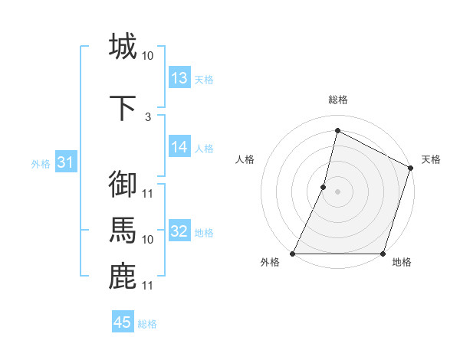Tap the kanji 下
[x=123, y=107]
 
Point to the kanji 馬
[x=123, y=231]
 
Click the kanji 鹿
[x=123, y=277]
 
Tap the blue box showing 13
[x=179, y=78]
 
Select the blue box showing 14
[x=179, y=148]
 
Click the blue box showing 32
[x=179, y=231]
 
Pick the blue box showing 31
[x=65, y=162]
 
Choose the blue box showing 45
[x=123, y=322]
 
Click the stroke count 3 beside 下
[x=148, y=116]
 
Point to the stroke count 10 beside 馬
[x=148, y=240]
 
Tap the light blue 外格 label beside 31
[x=41, y=163]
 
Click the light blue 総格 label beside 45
[x=147, y=324]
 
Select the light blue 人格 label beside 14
[x=204, y=149]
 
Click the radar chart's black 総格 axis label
[x=337, y=100]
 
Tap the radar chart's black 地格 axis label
[x=402, y=263]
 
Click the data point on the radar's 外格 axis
[x=293, y=254]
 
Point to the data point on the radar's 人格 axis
[x=324, y=187]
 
